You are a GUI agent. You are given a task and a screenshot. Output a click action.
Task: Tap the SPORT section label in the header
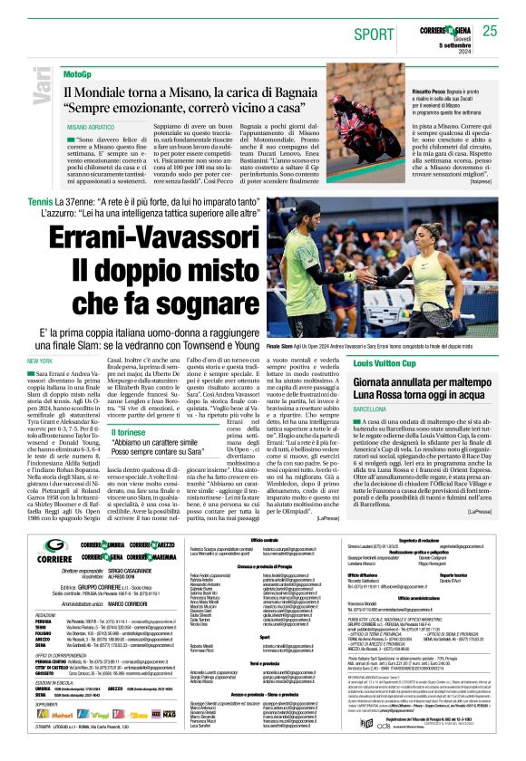click(x=370, y=32)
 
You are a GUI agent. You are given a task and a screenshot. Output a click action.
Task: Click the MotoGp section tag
click(x=78, y=72)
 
